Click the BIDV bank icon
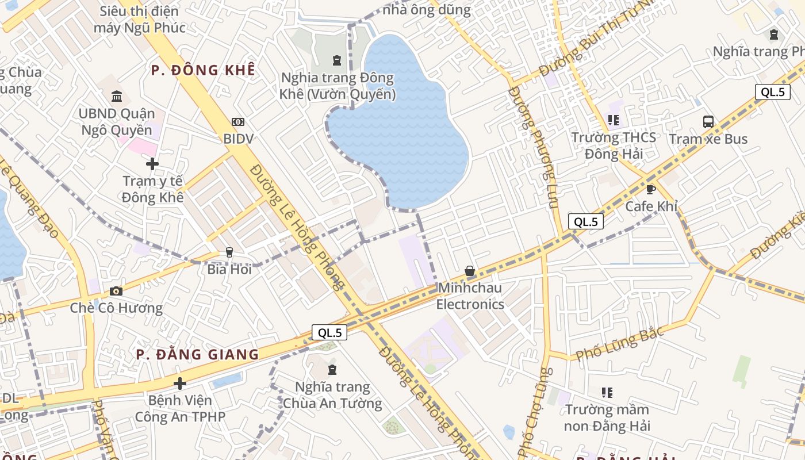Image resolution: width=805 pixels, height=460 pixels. point(238,122)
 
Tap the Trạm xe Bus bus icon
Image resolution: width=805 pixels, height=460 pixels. point(708,122)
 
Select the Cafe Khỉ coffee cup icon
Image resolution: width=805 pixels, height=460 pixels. point(651,189)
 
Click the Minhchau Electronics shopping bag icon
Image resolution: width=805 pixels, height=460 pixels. point(470,271)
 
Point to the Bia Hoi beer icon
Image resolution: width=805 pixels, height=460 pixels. point(229,252)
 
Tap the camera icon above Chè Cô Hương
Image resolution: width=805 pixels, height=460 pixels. point(116,291)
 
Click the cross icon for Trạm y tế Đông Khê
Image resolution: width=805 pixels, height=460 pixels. point(152,164)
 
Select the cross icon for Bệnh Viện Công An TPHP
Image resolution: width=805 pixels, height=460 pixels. point(180,384)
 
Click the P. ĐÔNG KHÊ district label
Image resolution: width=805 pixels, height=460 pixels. point(202,70)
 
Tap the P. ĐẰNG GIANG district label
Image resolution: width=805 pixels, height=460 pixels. point(198,354)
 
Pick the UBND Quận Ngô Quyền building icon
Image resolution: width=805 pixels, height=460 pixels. point(117,96)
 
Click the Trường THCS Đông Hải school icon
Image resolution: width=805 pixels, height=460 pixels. point(614,120)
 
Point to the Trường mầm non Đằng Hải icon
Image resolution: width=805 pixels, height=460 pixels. point(607,393)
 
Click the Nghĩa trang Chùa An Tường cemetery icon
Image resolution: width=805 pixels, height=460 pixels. point(332,370)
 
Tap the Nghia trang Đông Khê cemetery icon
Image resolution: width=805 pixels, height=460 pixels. point(337,60)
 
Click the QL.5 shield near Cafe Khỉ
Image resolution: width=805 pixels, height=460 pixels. point(585,221)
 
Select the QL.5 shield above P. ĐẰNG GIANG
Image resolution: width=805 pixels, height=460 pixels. point(329,332)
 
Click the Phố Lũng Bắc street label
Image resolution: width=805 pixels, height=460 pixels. point(620,343)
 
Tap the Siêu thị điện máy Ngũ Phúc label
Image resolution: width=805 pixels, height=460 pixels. point(140,20)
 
